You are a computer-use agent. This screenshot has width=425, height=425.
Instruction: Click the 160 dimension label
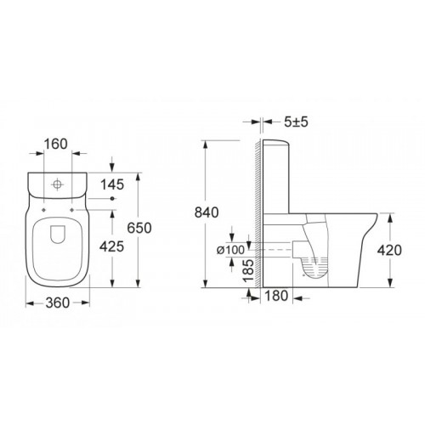[x=56, y=144]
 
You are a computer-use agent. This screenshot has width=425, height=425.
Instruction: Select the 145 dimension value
[x=112, y=184]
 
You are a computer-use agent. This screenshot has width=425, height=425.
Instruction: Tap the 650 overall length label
[x=139, y=228]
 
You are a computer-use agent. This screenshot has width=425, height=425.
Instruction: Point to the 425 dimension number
[x=111, y=246]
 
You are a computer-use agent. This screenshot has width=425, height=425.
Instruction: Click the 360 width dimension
[x=58, y=303]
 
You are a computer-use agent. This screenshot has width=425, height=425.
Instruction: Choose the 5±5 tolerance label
[x=296, y=122]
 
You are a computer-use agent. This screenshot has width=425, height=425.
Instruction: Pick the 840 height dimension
[x=207, y=212]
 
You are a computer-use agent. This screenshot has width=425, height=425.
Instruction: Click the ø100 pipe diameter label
[x=230, y=250]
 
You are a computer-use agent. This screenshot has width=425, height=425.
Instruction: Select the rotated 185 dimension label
[x=248, y=270]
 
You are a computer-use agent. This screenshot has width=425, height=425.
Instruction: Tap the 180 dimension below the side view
[x=276, y=296]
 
